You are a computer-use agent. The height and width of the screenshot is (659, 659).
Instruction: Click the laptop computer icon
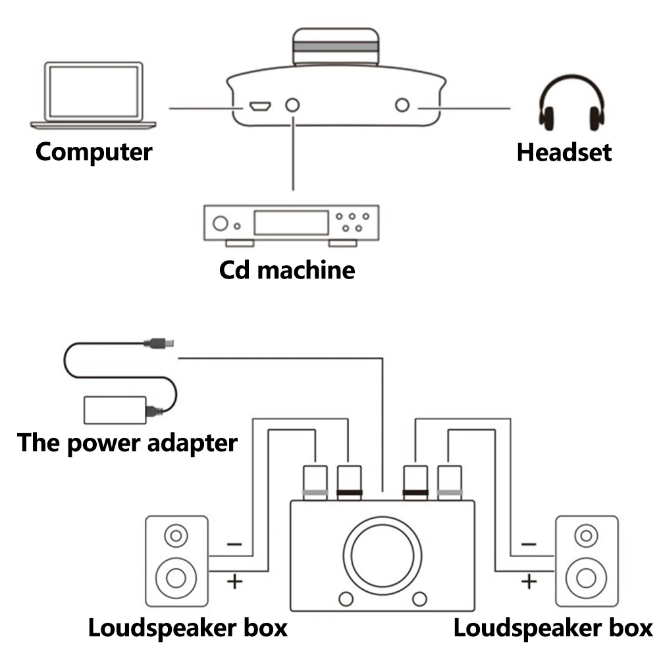(93, 94)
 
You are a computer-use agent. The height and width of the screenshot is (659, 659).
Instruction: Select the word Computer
(93, 151)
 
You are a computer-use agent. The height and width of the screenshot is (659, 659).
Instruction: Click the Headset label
(564, 152)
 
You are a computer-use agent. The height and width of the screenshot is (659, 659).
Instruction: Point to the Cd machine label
(286, 269)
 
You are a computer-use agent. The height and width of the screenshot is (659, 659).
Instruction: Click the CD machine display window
(291, 223)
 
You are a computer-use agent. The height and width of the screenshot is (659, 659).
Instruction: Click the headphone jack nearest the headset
(402, 106)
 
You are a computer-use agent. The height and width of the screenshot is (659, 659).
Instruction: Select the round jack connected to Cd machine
(292, 106)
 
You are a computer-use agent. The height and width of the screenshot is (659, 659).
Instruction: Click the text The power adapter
(127, 442)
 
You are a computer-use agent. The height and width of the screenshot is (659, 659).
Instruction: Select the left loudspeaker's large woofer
(176, 577)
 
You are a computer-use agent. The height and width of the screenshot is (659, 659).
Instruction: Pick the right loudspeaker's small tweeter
(586, 535)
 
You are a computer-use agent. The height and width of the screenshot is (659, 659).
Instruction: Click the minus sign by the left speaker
(234, 544)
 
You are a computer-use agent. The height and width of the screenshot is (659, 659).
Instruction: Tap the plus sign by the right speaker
(529, 581)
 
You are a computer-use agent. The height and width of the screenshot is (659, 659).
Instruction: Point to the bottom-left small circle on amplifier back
(344, 598)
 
